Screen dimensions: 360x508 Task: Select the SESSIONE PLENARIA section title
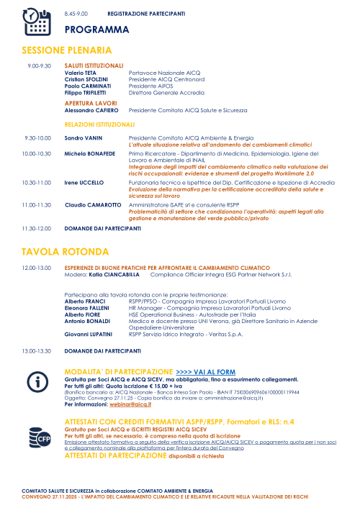[x=67, y=50]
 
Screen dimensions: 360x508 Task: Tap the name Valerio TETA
[x=81, y=73]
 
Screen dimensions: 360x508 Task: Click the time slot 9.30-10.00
[x=37, y=137]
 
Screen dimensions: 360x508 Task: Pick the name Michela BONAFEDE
[x=89, y=153]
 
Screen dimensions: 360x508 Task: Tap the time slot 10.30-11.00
[x=36, y=183]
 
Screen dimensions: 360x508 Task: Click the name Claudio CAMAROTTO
[x=93, y=205]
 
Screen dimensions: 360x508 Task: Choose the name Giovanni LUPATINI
[x=88, y=334]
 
